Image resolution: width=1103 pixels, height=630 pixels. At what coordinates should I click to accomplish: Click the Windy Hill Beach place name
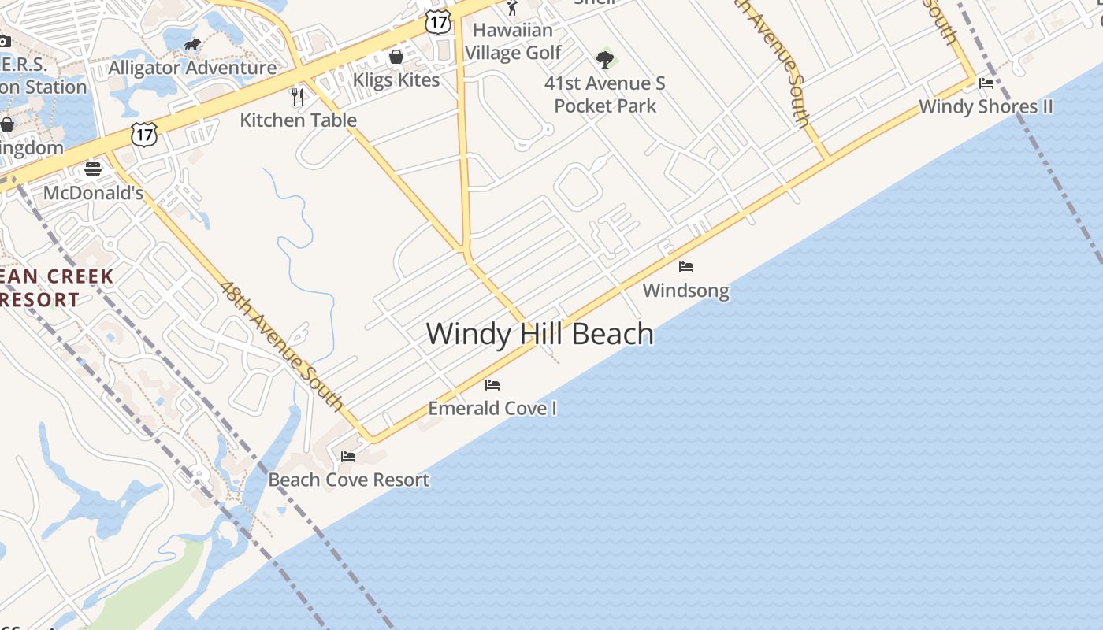[540, 334]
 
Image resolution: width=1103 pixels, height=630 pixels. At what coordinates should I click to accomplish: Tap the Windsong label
[685, 291]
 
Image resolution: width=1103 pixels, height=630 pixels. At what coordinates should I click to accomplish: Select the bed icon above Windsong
[686, 267]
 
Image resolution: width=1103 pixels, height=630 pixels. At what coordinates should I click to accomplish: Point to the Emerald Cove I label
[492, 408]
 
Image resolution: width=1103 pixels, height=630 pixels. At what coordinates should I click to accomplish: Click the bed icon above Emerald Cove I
[492, 385]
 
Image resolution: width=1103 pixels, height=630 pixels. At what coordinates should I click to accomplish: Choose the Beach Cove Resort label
[348, 480]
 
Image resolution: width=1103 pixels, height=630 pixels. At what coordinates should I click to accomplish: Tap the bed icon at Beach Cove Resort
[348, 456]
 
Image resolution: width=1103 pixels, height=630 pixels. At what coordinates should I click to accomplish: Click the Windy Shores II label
[986, 106]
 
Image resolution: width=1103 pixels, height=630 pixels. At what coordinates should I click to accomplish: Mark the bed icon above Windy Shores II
[986, 83]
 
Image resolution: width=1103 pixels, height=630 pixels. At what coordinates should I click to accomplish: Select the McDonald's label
[93, 193]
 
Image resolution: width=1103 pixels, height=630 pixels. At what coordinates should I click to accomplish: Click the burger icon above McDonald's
[93, 169]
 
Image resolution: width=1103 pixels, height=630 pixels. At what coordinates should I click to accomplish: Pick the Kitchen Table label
[298, 120]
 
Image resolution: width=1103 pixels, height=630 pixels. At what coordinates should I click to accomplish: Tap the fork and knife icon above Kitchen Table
[298, 97]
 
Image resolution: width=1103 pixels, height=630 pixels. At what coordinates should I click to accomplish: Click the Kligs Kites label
[396, 80]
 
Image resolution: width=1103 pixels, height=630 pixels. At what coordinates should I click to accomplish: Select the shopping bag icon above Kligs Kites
[396, 57]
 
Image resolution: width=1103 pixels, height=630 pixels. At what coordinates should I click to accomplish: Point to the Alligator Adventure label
[192, 68]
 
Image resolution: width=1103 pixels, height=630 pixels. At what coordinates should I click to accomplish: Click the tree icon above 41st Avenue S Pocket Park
[605, 59]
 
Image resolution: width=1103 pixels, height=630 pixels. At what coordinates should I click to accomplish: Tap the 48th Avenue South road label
[281, 346]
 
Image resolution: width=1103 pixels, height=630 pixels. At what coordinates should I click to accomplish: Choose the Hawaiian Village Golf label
[513, 41]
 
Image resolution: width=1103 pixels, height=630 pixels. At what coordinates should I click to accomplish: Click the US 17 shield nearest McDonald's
[144, 134]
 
